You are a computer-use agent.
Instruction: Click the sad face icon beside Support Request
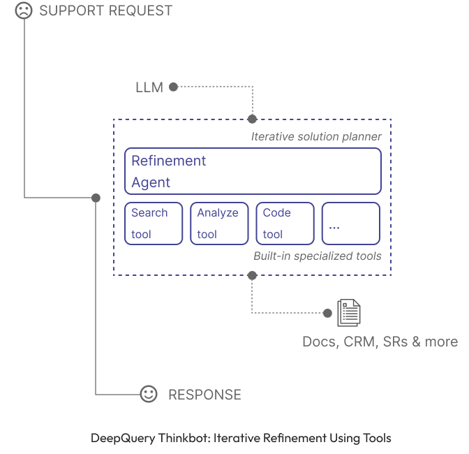24,10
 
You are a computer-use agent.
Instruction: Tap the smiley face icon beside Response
148,394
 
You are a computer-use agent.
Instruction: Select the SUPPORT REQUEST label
105,11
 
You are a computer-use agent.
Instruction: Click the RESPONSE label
204,395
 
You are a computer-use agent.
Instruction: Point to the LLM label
149,87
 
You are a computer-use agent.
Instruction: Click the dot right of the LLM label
173,87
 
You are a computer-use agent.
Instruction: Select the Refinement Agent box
253,171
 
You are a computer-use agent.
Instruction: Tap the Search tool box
154,224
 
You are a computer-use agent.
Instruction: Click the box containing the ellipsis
350,224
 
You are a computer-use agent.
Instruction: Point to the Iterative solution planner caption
316,137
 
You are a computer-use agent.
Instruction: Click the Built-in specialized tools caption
317,256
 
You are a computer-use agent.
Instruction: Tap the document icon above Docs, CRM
349,313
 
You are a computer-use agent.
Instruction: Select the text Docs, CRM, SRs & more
380,342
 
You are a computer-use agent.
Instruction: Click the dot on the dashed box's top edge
252,119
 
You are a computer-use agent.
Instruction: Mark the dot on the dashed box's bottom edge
252,276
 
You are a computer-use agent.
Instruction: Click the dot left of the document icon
327,313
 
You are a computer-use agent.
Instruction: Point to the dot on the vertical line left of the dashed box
96,198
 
